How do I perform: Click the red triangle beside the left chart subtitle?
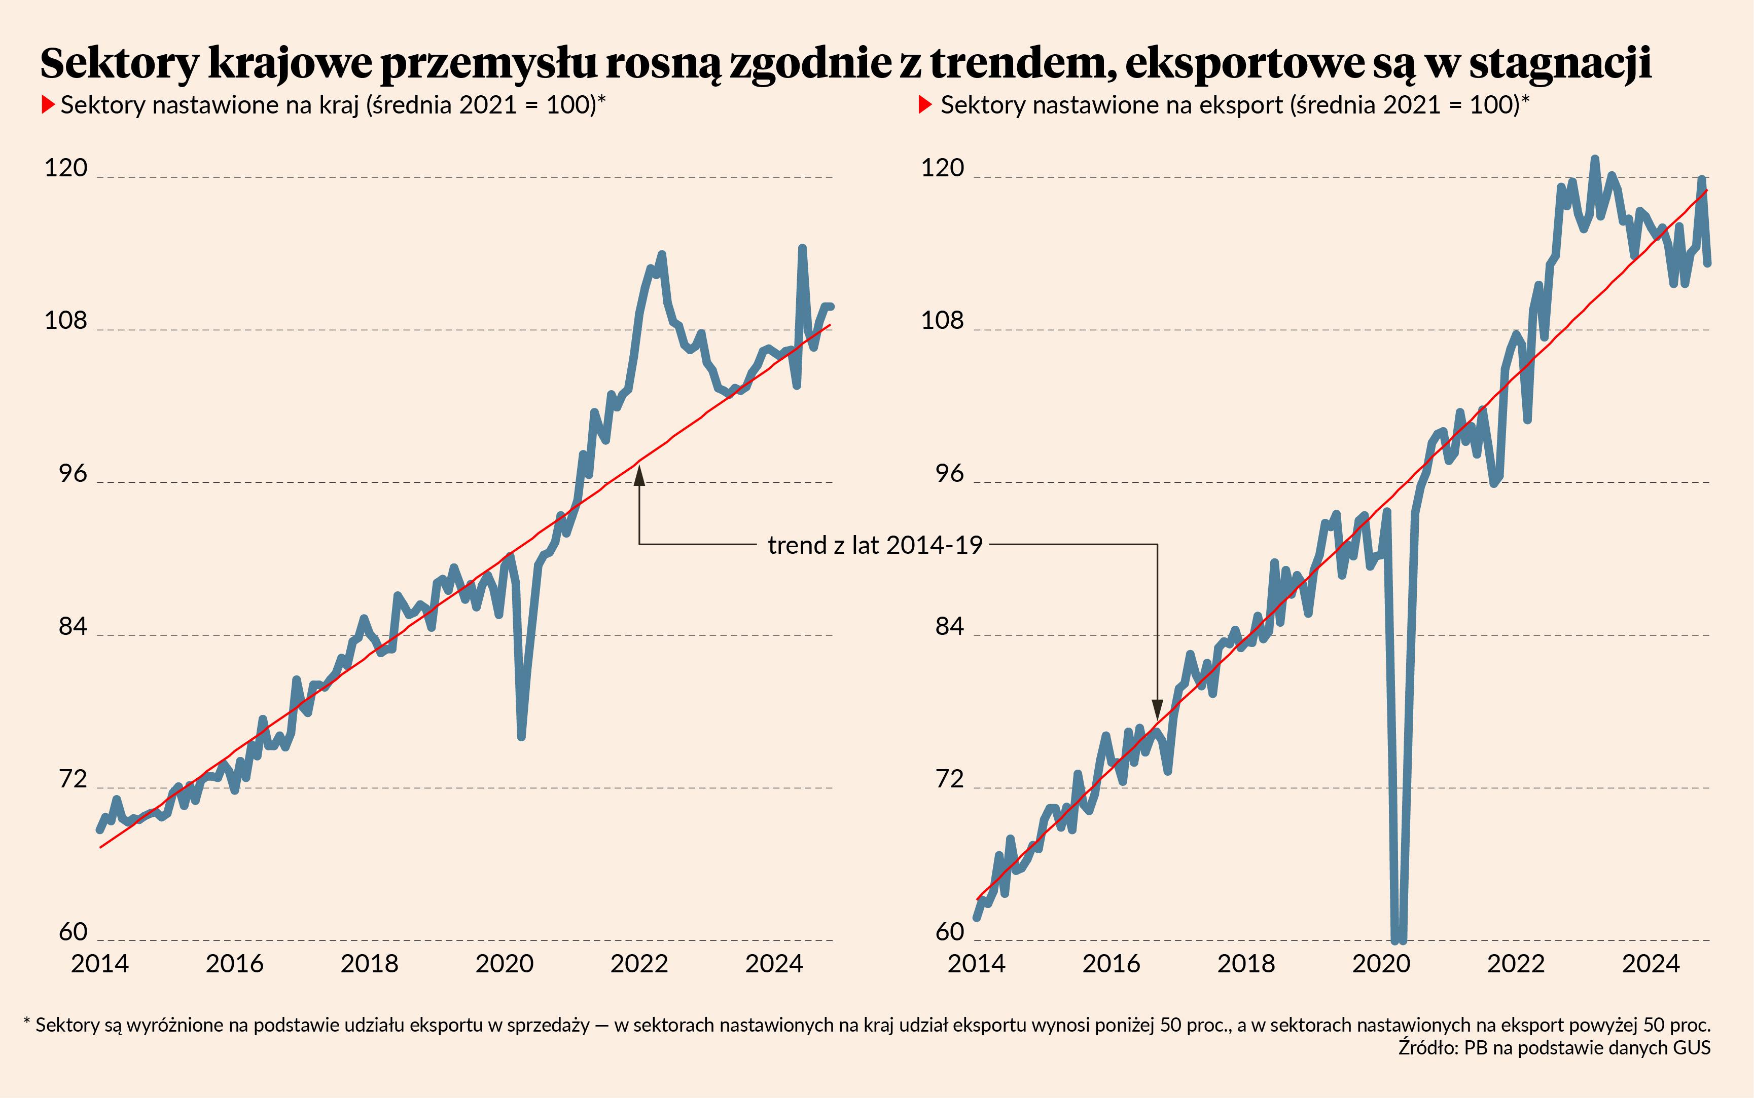tap(48, 105)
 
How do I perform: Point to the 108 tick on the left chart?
tap(65, 320)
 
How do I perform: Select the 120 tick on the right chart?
tap(942, 168)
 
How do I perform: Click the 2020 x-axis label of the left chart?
tap(504, 964)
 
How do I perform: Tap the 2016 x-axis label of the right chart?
tap(1111, 964)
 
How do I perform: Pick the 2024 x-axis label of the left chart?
tap(774, 964)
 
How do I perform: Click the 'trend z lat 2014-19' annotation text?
tap(875, 545)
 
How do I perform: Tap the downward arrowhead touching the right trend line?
tap(1158, 709)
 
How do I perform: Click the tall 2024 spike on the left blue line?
tap(802, 248)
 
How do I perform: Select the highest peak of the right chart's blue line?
tap(1595, 158)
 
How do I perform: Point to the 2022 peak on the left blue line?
tap(662, 254)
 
